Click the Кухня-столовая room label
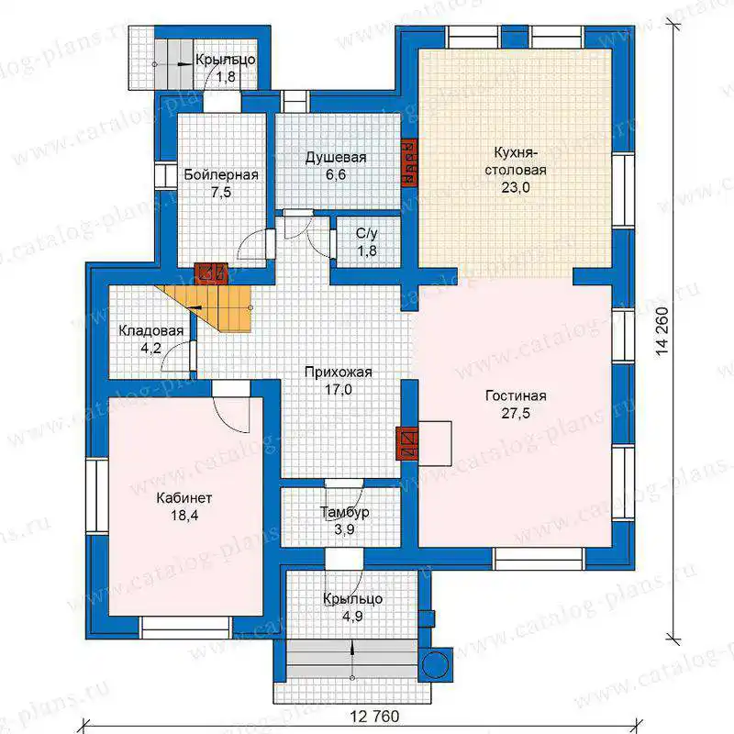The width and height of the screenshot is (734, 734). coord(516,161)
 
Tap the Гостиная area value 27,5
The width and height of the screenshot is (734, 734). coord(516,413)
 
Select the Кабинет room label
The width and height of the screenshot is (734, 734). coord(184,497)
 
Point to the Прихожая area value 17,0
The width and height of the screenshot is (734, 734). coord(338,389)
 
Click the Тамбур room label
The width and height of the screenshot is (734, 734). coord(345,512)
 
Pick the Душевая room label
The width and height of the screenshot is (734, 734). coord(336,157)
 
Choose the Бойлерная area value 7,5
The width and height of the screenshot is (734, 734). coord(221,192)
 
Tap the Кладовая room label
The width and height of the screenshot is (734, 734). coord(150,331)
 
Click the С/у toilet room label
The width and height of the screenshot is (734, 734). coord(367,233)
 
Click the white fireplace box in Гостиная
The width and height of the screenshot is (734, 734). coord(435,443)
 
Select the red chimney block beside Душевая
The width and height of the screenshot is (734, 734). coord(409,162)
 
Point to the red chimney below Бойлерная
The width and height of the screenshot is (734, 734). coord(211,273)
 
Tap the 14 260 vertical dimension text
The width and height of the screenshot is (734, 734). coord(662,331)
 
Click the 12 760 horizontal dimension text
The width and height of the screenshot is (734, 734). coord(375,717)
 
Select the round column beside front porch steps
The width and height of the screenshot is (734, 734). coord(434,664)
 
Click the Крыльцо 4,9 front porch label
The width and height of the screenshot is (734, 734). coord(352,607)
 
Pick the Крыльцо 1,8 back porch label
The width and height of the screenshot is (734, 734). coord(226,68)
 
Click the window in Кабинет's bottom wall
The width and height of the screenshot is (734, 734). coord(186,628)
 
